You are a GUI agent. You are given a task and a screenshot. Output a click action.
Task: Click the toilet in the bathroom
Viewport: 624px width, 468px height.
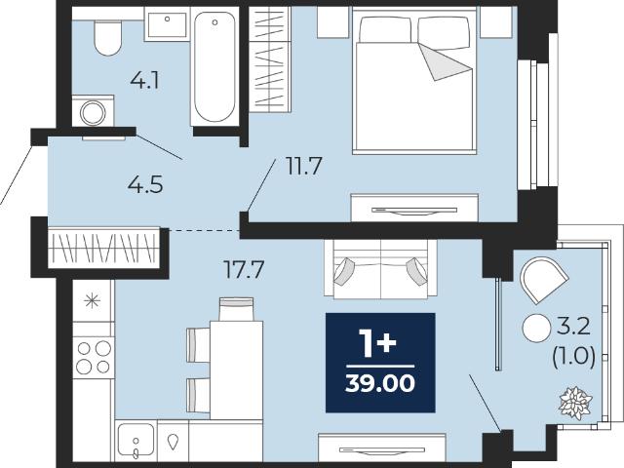[x=108, y=38]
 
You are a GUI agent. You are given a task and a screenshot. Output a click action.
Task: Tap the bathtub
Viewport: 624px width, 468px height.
[x=214, y=67]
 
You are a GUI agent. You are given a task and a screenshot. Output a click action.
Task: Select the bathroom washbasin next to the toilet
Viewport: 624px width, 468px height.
[x=167, y=24]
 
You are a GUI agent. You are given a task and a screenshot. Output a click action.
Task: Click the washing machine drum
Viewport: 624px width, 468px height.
[x=93, y=113]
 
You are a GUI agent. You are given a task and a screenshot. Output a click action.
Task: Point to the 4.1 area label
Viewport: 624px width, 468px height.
[x=145, y=81]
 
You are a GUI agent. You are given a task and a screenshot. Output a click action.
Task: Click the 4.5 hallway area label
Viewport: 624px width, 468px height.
[x=145, y=184]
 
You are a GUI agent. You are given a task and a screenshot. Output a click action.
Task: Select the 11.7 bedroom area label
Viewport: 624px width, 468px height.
[x=303, y=167]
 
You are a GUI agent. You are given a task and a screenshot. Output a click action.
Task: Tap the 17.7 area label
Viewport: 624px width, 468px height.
[x=244, y=269]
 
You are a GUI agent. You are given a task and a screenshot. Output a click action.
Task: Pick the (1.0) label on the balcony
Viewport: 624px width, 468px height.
[x=574, y=356]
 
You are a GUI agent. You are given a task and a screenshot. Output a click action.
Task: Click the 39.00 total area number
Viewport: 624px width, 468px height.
[x=380, y=383]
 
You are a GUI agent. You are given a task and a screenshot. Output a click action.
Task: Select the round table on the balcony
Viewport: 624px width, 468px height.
[x=536, y=328]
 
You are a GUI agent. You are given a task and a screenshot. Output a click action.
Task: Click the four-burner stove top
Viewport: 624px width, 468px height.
[x=94, y=358]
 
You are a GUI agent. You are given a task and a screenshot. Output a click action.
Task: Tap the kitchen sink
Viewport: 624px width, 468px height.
[x=136, y=441]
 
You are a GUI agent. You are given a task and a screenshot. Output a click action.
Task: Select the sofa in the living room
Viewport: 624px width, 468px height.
[x=381, y=269]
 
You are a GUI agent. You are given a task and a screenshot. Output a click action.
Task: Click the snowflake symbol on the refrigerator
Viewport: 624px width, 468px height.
[x=93, y=300]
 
